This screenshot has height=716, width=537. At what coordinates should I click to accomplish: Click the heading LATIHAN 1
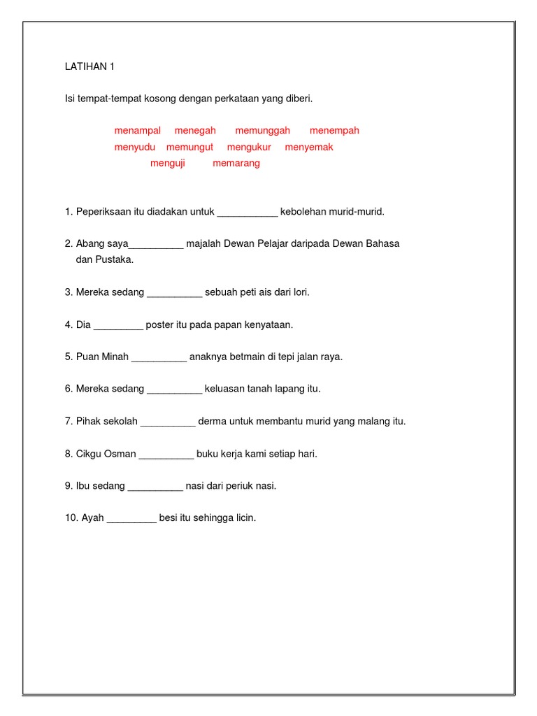point(89,67)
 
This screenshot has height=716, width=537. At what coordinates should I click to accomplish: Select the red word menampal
point(138,131)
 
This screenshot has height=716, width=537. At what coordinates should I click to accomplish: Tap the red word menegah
point(195,131)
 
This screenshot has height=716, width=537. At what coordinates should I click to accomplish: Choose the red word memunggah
point(262,131)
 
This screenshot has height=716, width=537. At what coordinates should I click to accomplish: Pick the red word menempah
point(334,131)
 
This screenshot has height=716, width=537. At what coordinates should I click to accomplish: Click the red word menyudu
point(135,147)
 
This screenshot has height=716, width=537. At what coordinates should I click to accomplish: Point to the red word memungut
point(189,147)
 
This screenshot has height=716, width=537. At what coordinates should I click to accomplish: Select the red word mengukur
point(249,147)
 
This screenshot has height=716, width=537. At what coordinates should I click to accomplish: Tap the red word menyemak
point(309,147)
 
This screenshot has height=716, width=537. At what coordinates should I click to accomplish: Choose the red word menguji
point(168,163)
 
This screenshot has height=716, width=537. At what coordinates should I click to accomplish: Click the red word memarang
point(236,163)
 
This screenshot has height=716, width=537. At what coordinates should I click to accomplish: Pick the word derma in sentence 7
point(212,422)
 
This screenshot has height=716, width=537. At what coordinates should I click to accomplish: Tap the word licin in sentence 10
point(245,518)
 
